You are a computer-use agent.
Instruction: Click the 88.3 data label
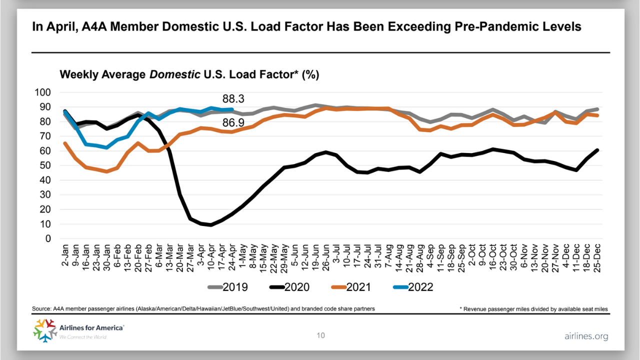coord(233,98)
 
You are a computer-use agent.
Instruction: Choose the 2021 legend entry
coord(358,287)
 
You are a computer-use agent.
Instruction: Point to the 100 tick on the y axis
coord(43,92)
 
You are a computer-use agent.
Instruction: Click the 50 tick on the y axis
coord(46,165)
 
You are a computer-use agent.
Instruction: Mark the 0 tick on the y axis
coord(48,239)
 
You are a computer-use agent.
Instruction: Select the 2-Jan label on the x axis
coord(65,256)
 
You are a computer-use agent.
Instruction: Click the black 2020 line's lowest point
coord(211,225)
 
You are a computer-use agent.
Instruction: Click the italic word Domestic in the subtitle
coord(174,75)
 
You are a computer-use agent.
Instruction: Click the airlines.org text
coord(586,335)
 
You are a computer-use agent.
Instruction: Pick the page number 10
coord(320,335)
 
